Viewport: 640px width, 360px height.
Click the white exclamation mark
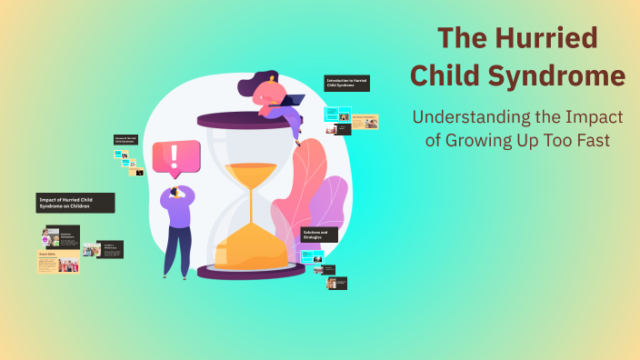[x=175, y=156]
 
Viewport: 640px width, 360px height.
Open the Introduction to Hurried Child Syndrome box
[x=346, y=84]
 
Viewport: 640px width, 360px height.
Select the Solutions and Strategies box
[x=320, y=235]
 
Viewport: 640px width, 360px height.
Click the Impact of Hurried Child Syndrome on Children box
[x=76, y=202]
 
